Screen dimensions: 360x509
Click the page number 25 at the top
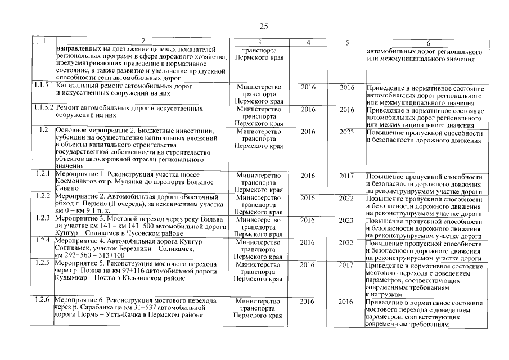[264, 26]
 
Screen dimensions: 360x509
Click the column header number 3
[259, 43]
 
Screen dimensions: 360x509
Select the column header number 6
[427, 43]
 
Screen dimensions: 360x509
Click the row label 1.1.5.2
[43, 107]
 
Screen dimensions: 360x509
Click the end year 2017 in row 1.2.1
[347, 175]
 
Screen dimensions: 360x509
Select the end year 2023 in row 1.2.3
[347, 220]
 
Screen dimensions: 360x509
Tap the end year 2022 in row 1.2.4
[347, 242]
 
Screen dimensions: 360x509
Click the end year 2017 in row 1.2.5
[347, 264]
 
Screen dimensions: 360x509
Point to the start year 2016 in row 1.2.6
[308, 301]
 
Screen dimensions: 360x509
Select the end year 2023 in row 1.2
[347, 131]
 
